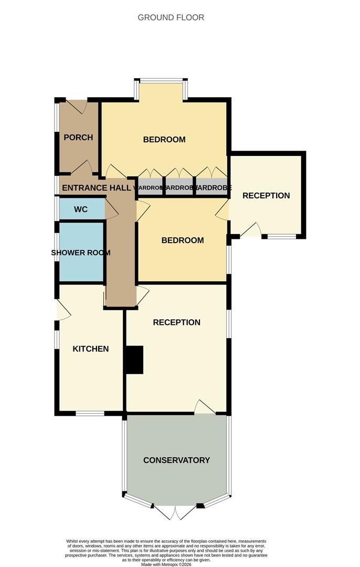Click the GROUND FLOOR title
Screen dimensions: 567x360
pyautogui.click(x=171, y=17)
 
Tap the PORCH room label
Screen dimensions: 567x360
pyautogui.click(x=78, y=138)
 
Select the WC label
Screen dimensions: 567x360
pyautogui.click(x=81, y=209)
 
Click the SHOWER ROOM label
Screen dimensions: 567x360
pyautogui.click(x=81, y=253)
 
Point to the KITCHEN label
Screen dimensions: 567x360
pyautogui.click(x=91, y=349)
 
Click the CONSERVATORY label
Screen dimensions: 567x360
pyautogui.click(x=176, y=460)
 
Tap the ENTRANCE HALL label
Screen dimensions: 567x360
pyautogui.click(x=96, y=187)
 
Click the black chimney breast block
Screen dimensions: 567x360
pyautogui.click(x=134, y=360)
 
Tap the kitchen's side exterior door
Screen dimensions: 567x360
pyautogui.click(x=62, y=310)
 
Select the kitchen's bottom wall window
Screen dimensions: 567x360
pyautogui.click(x=90, y=413)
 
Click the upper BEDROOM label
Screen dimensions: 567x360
pyautogui.click(x=164, y=140)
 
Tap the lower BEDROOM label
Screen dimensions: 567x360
pyautogui.click(x=182, y=240)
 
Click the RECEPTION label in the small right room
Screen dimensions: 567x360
pyautogui.click(x=266, y=195)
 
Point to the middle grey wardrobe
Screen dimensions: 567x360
pyautogui.click(x=179, y=188)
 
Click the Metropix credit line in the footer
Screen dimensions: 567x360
pyautogui.click(x=167, y=564)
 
